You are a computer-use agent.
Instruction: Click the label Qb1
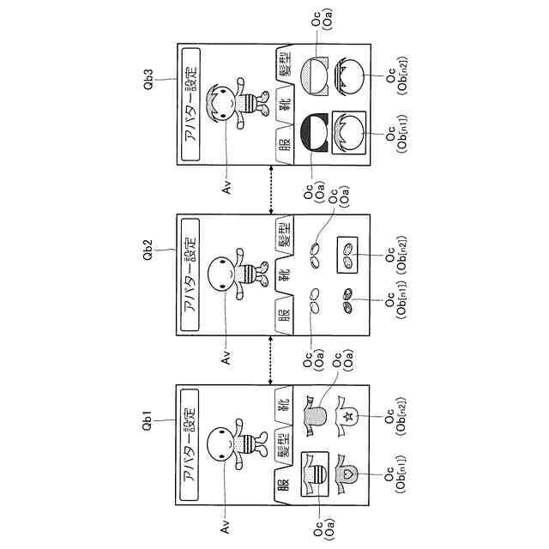click(150, 421)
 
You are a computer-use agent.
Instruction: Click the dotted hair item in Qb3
click(315, 75)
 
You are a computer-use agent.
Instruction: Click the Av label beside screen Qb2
click(226, 353)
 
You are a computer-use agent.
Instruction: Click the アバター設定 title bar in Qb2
click(190, 274)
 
